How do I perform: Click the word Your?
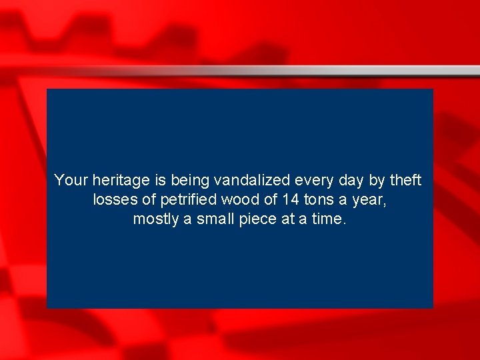(x=71, y=180)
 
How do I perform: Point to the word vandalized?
(x=253, y=180)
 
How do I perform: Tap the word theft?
(x=406, y=180)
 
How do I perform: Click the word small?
(x=215, y=219)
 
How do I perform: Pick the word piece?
(x=259, y=219)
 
